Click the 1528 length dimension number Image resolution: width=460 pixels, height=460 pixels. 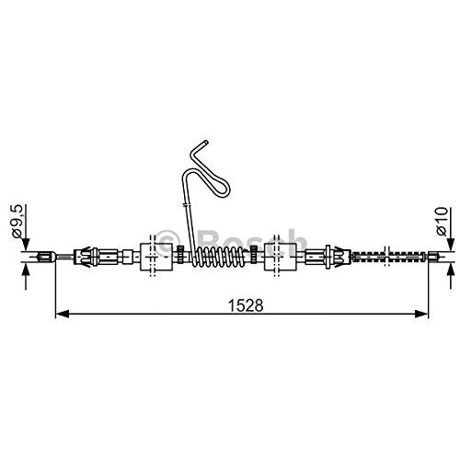click(246, 305)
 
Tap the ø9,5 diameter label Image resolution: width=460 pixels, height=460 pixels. click(17, 221)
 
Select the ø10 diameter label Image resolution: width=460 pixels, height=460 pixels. click(442, 222)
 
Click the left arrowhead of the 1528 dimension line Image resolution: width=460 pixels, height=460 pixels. click(63, 314)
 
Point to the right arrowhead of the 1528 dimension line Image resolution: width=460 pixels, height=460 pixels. click(420, 314)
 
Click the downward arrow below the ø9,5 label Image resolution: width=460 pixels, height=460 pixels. click(26, 227)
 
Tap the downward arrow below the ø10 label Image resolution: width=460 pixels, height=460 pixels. click(451, 228)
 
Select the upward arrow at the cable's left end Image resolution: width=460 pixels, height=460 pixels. click(26, 276)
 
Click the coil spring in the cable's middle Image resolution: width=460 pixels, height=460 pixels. click(218, 256)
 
